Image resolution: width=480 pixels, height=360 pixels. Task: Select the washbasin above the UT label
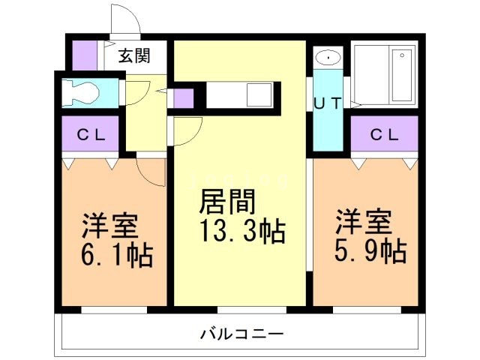coord(328,57)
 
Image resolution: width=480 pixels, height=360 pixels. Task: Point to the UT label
coord(327,104)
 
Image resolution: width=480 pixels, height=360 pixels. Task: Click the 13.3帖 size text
coord(241,232)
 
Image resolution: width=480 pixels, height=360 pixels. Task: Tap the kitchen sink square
coord(260,96)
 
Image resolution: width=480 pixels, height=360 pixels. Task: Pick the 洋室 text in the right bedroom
coord(364,221)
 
